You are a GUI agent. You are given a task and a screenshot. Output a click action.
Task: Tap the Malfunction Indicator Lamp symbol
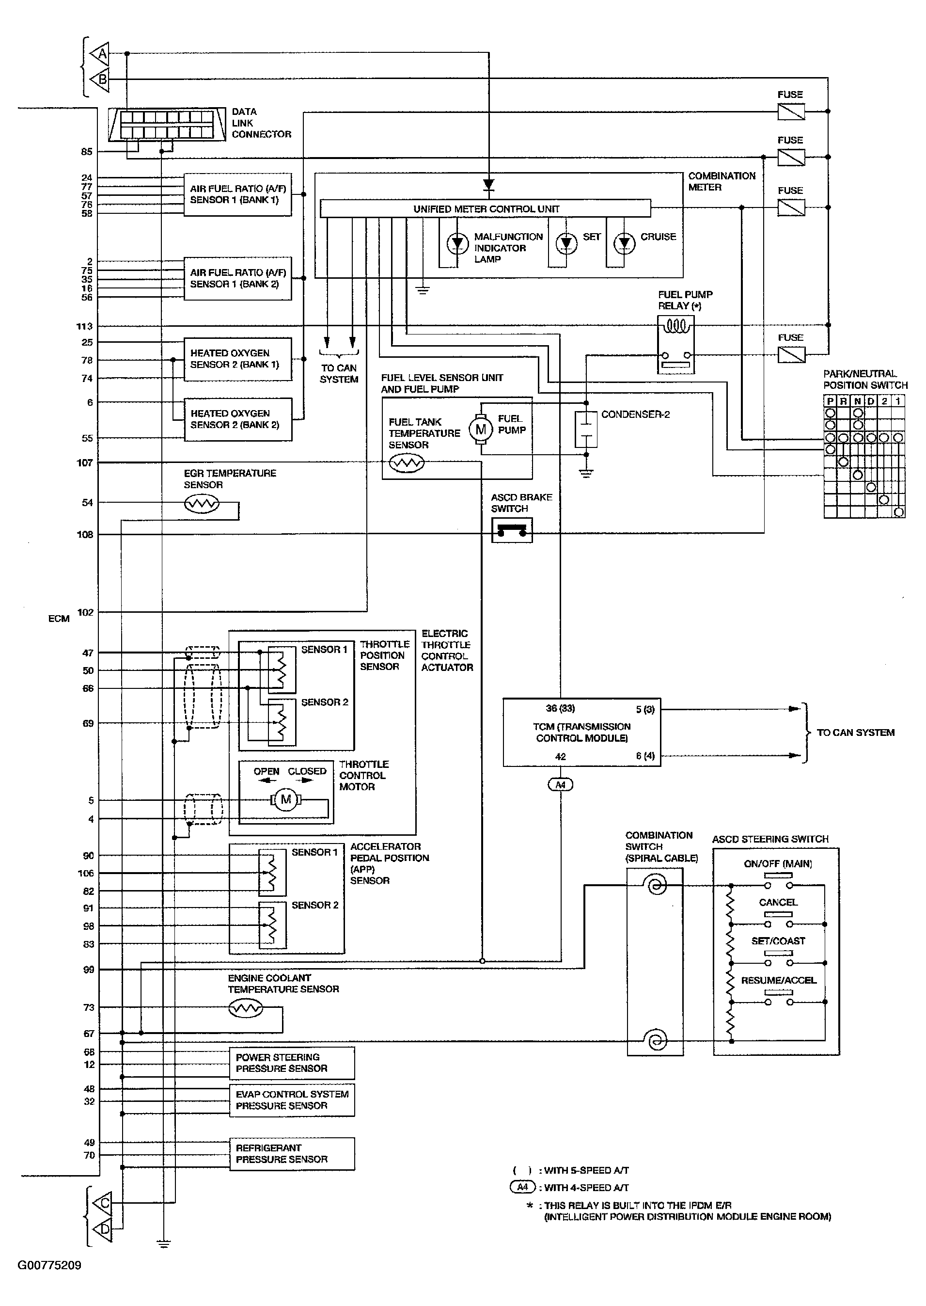(457, 243)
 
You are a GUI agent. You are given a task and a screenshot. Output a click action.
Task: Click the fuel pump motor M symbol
(481, 429)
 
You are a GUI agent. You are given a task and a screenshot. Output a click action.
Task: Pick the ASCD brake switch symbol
(512, 530)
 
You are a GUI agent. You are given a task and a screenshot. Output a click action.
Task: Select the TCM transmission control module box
(581, 733)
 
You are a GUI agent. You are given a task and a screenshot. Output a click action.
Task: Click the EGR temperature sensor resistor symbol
(201, 503)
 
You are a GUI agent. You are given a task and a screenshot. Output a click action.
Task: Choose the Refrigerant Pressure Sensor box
(292, 1154)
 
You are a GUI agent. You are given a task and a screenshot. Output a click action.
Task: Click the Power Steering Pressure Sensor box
(292, 1063)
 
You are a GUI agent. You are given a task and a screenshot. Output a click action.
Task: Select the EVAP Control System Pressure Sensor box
(292, 1099)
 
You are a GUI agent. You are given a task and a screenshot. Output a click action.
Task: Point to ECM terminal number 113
(84, 326)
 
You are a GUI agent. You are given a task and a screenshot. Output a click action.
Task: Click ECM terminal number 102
(85, 612)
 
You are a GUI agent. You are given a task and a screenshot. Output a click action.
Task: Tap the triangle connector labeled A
(100, 54)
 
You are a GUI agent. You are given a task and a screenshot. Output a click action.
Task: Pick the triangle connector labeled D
(102, 1229)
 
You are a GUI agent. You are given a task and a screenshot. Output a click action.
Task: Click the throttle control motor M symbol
(286, 799)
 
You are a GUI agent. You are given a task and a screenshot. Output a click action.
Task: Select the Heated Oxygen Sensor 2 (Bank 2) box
(238, 419)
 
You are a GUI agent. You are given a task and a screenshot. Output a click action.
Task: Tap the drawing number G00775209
(49, 1265)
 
